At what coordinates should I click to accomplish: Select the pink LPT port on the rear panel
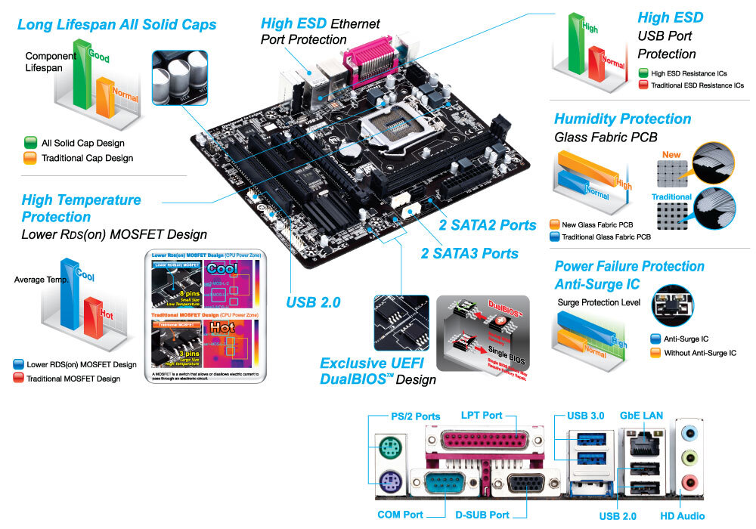478,443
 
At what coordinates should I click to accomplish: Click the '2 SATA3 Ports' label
469,253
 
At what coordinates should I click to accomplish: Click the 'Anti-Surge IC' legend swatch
655,339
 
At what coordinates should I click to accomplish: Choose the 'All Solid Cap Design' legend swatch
30,142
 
